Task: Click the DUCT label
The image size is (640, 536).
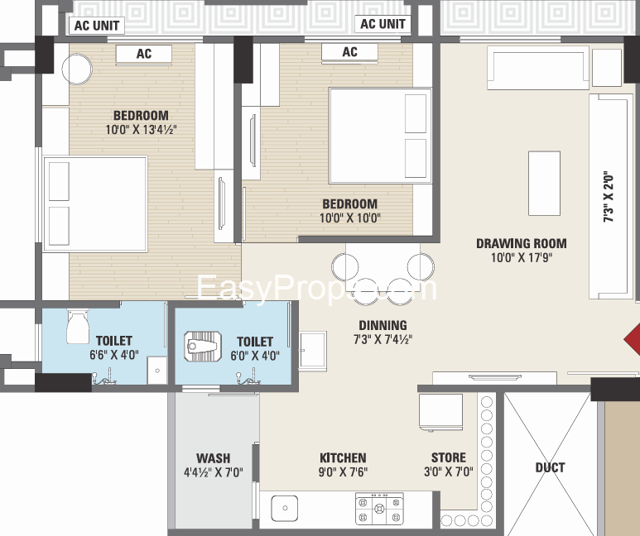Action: click(550, 467)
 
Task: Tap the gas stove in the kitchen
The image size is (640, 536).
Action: click(379, 508)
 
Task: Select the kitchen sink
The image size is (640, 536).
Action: click(285, 508)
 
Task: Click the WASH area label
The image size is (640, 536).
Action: click(213, 458)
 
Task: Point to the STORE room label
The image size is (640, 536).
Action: click(449, 457)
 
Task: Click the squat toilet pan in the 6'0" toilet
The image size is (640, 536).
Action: click(203, 347)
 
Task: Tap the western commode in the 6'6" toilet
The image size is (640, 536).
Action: click(78, 327)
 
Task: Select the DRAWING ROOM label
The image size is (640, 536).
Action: click(522, 243)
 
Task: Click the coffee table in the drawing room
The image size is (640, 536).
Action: click(544, 183)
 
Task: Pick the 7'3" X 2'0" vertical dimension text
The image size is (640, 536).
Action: click(609, 197)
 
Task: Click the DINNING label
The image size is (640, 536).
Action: click(383, 325)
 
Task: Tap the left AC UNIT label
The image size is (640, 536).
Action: click(97, 26)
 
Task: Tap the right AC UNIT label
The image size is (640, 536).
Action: click(383, 24)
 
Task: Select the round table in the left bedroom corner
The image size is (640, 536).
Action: click(77, 69)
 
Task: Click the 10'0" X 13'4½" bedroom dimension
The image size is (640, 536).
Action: click(142, 130)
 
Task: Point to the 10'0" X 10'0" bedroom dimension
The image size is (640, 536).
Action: click(350, 218)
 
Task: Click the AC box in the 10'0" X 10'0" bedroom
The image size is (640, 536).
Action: click(349, 53)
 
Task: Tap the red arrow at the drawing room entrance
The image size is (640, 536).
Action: click(633, 339)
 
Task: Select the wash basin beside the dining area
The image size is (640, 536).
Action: click(313, 351)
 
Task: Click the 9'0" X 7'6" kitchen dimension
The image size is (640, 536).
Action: click(343, 472)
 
